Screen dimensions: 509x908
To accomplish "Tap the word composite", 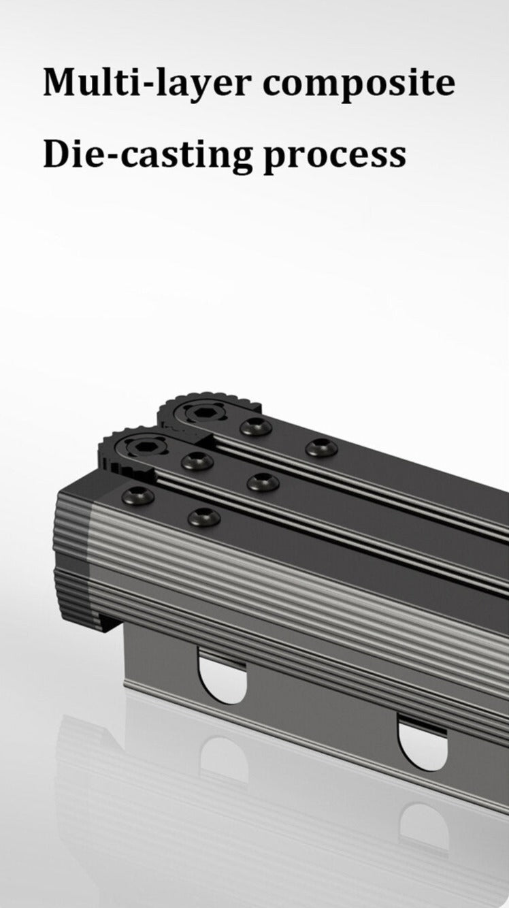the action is [x=359, y=84].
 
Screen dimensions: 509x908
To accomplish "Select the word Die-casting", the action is [x=148, y=155].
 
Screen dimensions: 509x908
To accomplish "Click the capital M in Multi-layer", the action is [x=60, y=82].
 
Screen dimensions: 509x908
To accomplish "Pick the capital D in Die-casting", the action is [x=56, y=154].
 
